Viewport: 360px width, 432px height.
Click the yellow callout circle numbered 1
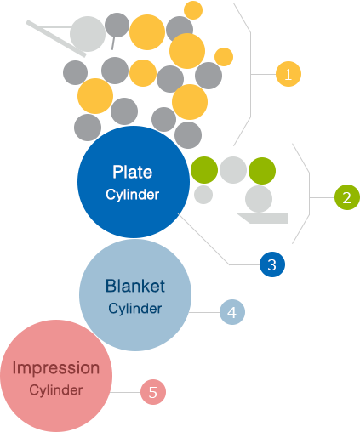[x=289, y=74]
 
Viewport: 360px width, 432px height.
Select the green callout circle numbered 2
[x=347, y=197]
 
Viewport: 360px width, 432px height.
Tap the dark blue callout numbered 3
[x=272, y=264]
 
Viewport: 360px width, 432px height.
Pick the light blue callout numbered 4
[x=232, y=312]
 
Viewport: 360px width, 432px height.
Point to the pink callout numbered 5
[x=153, y=392]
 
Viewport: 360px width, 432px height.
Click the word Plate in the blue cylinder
[x=133, y=172]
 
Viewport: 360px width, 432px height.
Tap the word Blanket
[x=135, y=286]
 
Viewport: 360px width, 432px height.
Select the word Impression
[x=56, y=367]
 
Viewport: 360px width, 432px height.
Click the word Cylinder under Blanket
[x=135, y=309]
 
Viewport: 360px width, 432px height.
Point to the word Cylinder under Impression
[x=56, y=390]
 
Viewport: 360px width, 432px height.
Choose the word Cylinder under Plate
[x=133, y=195]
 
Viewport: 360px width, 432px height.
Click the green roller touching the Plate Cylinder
[x=204, y=170]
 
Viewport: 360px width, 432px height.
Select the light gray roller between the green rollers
[x=233, y=170]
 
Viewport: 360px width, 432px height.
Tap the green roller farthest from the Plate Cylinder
[x=262, y=171]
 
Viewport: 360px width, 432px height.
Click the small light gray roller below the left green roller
[x=203, y=195]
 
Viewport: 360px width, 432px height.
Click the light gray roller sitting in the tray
[x=259, y=199]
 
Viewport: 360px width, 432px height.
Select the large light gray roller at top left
[x=88, y=34]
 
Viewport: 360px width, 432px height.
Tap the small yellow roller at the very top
[x=193, y=10]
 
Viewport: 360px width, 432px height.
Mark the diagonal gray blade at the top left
[x=56, y=38]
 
